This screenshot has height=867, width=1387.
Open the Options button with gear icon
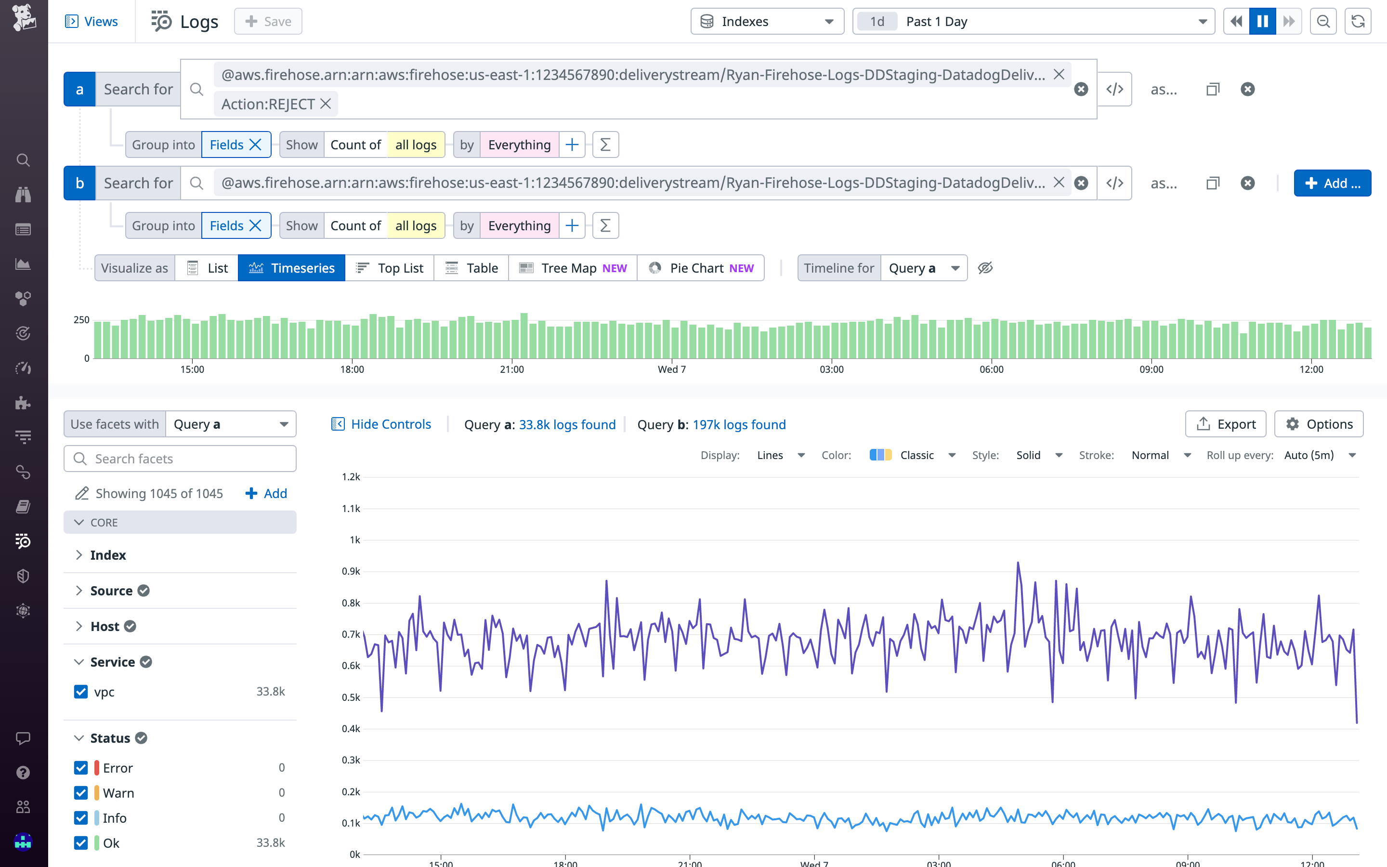(1318, 424)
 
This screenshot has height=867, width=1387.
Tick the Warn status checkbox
(81, 793)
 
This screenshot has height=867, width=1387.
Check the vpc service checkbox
(81, 692)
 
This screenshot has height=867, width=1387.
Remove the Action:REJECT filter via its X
(326, 104)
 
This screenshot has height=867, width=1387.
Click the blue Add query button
(1332, 184)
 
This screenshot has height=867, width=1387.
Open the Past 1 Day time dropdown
(1034, 22)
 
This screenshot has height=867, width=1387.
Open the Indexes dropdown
(767, 22)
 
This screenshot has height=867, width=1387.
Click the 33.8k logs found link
(567, 425)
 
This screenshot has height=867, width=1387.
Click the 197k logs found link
(739, 425)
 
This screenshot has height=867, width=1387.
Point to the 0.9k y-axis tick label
(351, 571)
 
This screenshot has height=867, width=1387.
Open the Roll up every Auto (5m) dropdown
(1318, 455)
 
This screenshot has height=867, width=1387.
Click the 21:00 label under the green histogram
(512, 370)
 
